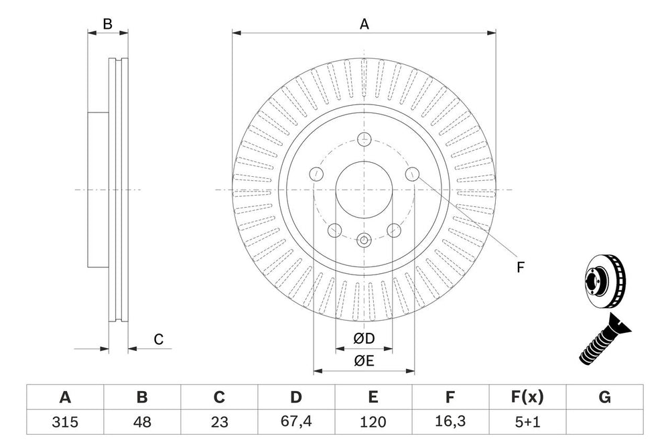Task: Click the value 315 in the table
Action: [65, 422]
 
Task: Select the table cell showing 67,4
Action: [295, 422]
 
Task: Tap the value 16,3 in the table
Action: [450, 422]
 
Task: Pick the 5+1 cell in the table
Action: [527, 422]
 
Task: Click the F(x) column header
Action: [527, 397]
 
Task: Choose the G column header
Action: [604, 397]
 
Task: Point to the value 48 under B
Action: [142, 422]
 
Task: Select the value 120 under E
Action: [373, 422]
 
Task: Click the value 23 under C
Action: [219, 422]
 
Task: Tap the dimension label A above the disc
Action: [364, 24]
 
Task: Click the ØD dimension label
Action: [364, 340]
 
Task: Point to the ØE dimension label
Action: [364, 362]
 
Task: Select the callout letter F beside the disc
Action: [521, 267]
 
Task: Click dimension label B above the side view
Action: [107, 25]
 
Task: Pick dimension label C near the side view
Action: [159, 340]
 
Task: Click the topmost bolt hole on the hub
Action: [364, 140]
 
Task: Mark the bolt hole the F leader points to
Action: [413, 175]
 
